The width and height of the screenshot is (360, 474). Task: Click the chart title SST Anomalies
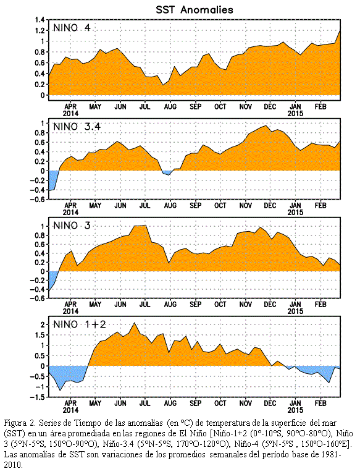click(195, 10)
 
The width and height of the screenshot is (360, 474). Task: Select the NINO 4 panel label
click(72, 28)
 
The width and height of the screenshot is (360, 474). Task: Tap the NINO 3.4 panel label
click(77, 127)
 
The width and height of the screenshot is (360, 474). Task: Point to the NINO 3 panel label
click(72, 226)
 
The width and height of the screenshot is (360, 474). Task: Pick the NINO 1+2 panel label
click(80, 324)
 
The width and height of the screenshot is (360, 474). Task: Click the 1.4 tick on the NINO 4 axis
click(40, 20)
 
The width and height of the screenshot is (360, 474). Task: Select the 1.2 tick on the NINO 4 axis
click(40, 30)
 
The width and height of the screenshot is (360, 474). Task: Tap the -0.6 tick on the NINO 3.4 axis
click(37, 200)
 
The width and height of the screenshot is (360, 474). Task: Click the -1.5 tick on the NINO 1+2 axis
click(37, 397)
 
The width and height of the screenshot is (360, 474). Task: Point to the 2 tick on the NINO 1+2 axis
click(43, 324)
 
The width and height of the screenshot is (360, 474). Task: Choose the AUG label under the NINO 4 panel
click(170, 107)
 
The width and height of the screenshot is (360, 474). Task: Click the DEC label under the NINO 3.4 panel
click(270, 206)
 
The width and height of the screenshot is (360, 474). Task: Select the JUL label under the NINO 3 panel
click(145, 305)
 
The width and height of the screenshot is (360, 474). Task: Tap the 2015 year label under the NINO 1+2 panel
click(295, 410)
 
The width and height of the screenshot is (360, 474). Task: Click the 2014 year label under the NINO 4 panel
click(70, 114)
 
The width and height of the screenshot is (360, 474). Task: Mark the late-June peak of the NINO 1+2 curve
click(135, 323)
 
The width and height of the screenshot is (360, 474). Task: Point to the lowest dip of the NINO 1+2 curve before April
click(60, 391)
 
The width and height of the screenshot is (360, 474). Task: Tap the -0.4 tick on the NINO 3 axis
click(37, 289)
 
